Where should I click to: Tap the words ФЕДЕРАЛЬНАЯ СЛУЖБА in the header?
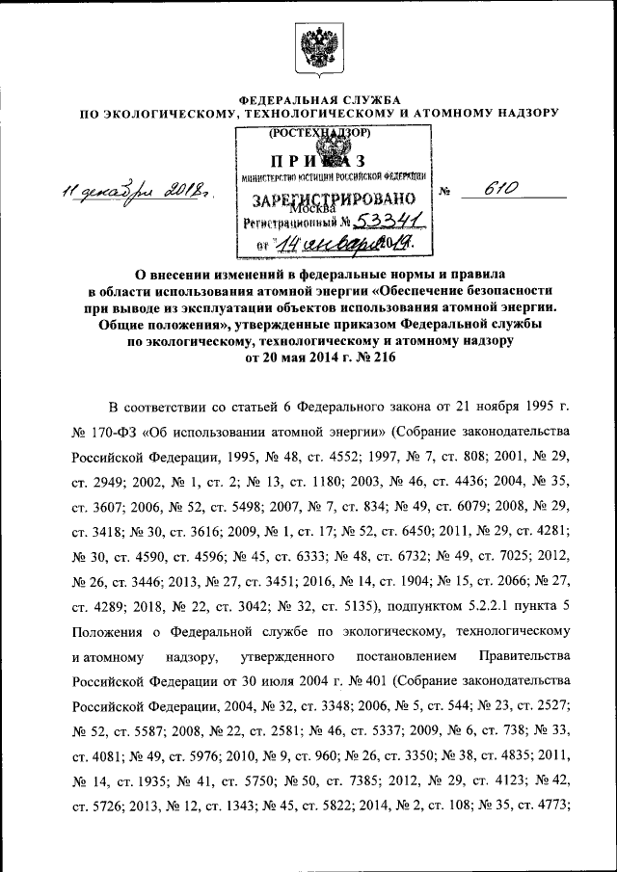click(308, 100)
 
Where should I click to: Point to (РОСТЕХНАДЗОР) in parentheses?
click(319, 134)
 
